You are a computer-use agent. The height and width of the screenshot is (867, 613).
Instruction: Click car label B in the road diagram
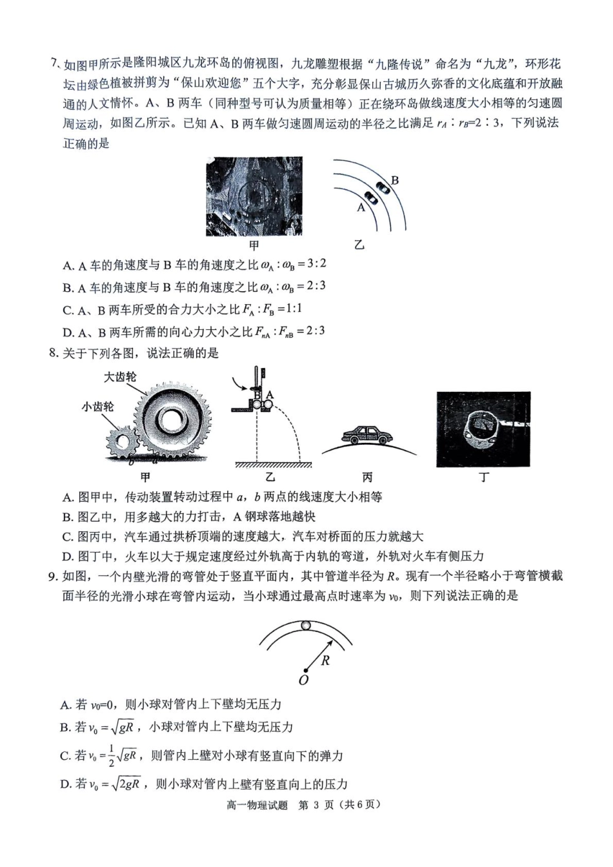[x=395, y=180]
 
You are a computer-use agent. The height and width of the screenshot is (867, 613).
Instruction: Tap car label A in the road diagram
[x=361, y=208]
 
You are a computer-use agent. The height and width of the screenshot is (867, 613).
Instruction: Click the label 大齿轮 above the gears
[x=120, y=376]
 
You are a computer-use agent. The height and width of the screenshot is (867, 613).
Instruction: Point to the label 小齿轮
[x=97, y=407]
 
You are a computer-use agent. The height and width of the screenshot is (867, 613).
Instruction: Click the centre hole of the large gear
[x=173, y=420]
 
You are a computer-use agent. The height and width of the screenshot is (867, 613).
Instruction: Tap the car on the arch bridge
[x=366, y=436]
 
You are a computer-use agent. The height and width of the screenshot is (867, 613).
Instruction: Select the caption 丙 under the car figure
[x=367, y=478]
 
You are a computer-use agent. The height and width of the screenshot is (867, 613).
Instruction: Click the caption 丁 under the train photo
[x=483, y=478]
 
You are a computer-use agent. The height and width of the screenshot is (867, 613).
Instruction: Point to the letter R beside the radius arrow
[x=325, y=660]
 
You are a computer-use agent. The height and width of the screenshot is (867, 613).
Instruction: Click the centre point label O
[x=303, y=680]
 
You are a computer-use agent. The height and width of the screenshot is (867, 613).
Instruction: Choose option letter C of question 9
[x=65, y=755]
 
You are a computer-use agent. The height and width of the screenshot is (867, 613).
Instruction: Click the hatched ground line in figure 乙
[x=272, y=465]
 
